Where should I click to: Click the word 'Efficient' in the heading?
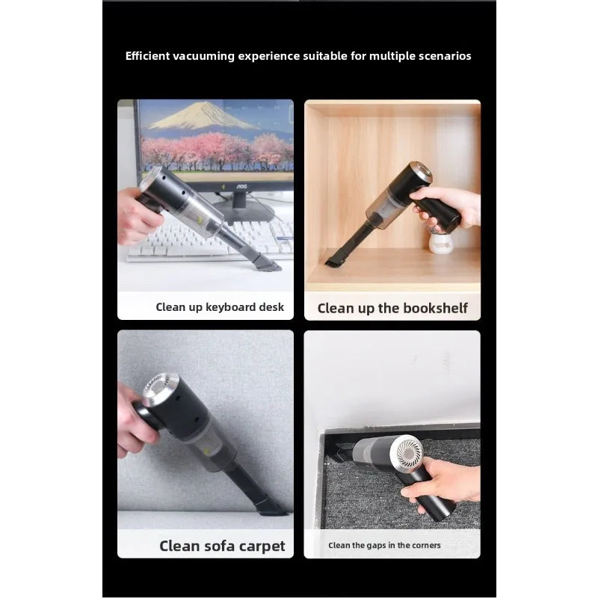tap(147, 56)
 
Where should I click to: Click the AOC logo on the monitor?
tap(241, 186)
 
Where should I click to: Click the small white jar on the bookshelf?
tap(440, 244)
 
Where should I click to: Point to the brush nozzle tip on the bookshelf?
tap(333, 259)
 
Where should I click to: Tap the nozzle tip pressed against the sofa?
tap(274, 508)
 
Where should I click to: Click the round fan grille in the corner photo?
tap(410, 454)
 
